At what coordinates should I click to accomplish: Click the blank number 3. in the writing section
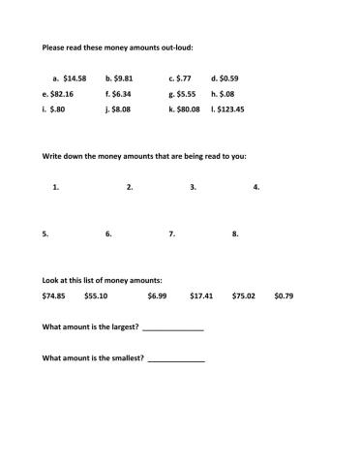pos(194,187)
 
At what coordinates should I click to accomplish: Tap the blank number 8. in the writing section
pos(235,233)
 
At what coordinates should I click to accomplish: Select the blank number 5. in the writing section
pos(45,233)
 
